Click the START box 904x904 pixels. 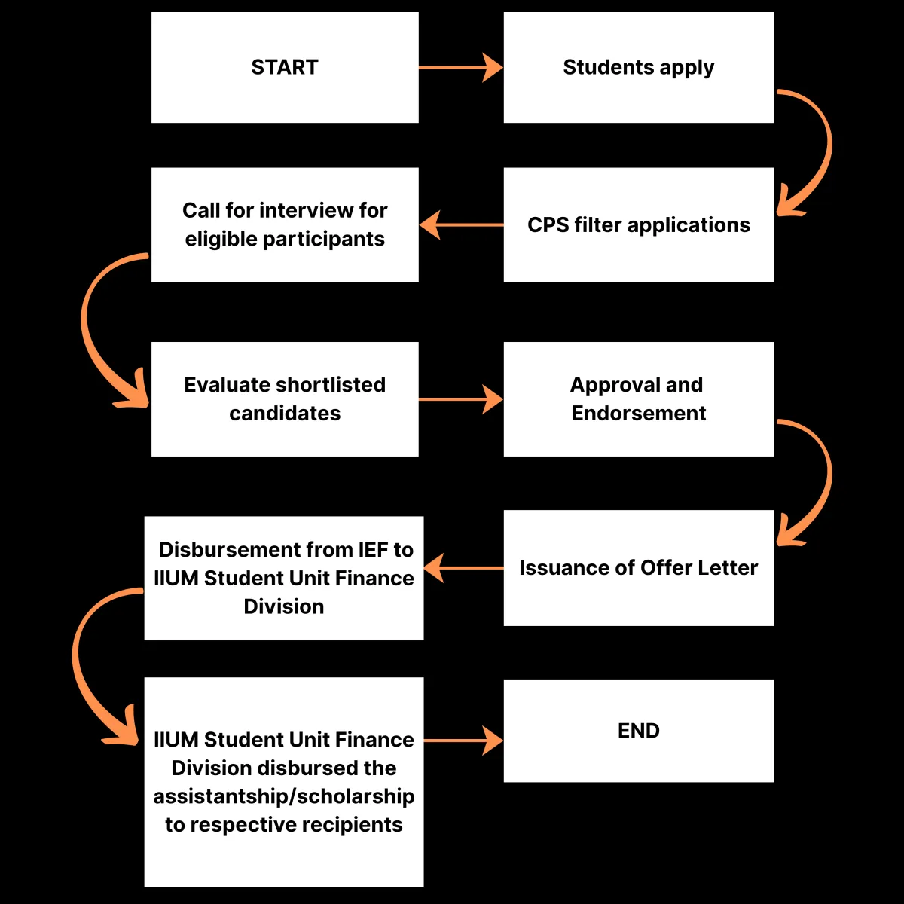click(285, 68)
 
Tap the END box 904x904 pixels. click(639, 731)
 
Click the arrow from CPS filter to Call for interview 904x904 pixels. click(461, 224)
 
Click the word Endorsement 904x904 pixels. click(639, 414)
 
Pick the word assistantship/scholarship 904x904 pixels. click(284, 796)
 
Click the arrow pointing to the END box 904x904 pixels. click(463, 741)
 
